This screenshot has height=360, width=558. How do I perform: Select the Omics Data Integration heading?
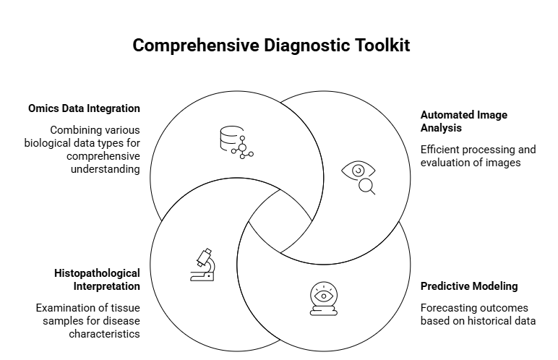click(84, 108)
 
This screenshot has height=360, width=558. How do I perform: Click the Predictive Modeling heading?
click(469, 286)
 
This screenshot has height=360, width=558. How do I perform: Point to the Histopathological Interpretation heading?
click(97, 280)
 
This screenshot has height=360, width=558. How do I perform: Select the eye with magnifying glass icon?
click(361, 178)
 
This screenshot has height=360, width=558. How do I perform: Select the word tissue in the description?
click(124, 307)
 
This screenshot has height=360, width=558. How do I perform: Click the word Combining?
click(74, 130)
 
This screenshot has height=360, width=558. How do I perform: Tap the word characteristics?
click(105, 333)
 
